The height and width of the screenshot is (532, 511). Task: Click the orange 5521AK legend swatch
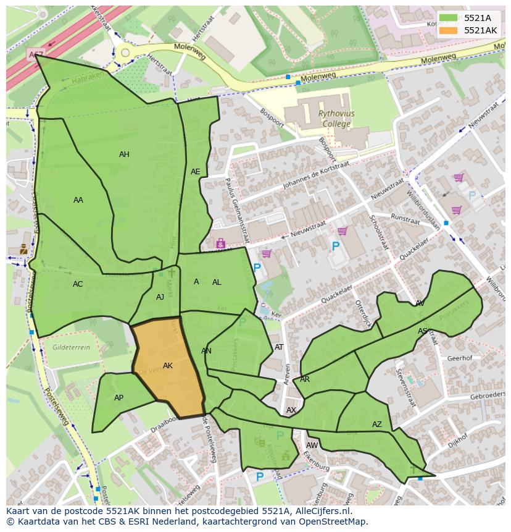click(449, 30)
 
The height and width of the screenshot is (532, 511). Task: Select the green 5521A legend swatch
click(449, 18)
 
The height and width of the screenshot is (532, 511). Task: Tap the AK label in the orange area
click(168, 366)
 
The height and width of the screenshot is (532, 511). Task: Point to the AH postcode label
click(124, 154)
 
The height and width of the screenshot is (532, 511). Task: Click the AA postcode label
click(78, 200)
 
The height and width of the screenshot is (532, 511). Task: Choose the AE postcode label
click(196, 172)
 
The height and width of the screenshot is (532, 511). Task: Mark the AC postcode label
click(78, 284)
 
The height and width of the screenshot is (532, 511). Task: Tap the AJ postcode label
click(160, 297)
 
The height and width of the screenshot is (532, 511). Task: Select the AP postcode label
click(118, 398)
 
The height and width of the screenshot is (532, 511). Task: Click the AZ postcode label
click(377, 424)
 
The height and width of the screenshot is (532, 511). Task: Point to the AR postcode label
click(305, 379)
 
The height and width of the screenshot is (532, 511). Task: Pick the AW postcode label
click(312, 445)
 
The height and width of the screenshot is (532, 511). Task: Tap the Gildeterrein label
click(71, 348)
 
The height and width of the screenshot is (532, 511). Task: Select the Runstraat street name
click(405, 218)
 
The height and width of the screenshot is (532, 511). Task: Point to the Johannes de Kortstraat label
click(315, 177)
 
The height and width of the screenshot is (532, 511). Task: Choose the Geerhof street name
click(459, 358)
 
